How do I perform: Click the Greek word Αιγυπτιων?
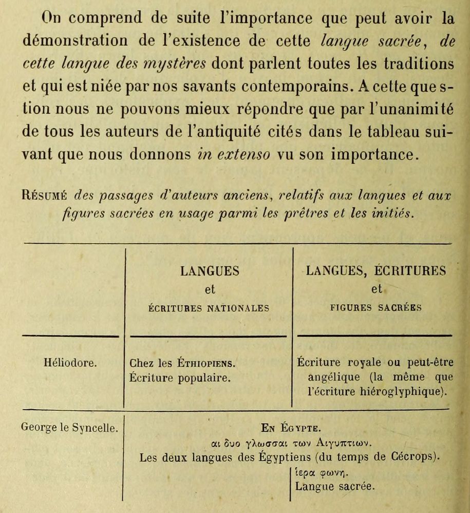tap(343, 442)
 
